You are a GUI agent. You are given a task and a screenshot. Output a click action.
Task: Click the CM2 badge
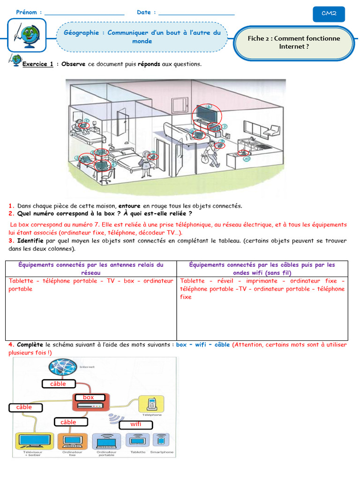coord(329,14)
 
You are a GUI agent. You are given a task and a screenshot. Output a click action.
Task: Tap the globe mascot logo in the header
coord(27,36)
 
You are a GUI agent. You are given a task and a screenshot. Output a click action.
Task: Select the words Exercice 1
coord(37,64)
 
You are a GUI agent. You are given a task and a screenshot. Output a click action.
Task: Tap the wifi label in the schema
coord(136,425)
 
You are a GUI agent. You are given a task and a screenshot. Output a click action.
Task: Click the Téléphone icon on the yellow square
coord(151,404)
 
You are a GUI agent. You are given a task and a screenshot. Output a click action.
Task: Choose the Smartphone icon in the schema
coord(161,441)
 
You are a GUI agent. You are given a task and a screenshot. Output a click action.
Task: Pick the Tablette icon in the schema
coord(136,441)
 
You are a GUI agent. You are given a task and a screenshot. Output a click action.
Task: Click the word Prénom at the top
coord(27,12)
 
